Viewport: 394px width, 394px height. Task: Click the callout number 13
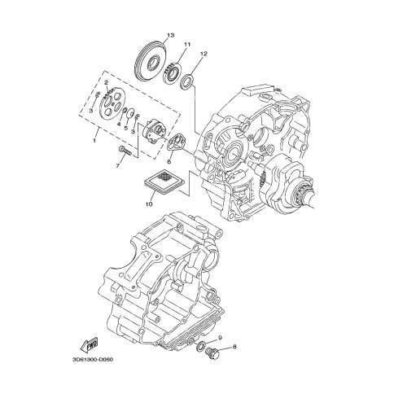pyautogui.click(x=170, y=35)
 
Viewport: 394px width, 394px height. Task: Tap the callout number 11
pyautogui.click(x=187, y=44)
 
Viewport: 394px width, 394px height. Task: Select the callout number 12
pyautogui.click(x=204, y=54)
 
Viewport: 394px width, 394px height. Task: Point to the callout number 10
pyautogui.click(x=149, y=204)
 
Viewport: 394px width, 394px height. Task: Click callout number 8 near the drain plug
pyautogui.click(x=234, y=347)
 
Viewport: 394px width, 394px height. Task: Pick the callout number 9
pyautogui.click(x=220, y=338)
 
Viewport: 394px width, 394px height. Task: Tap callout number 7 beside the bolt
pyautogui.click(x=118, y=166)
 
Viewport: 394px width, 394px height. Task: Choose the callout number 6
pyautogui.click(x=169, y=162)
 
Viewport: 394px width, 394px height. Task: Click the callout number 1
pyautogui.click(x=94, y=141)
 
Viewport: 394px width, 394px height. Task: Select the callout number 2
pyautogui.click(x=107, y=82)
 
